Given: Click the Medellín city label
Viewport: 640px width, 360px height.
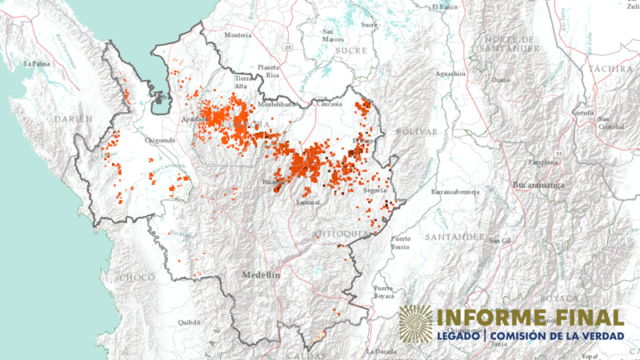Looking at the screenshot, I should point(261,274).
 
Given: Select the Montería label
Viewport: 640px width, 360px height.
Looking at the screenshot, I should point(238,35).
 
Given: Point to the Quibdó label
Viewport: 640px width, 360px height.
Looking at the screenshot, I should point(188,323).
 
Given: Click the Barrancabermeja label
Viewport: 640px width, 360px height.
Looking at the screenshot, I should point(455,193).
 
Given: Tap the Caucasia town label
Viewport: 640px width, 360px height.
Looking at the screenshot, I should point(328,104).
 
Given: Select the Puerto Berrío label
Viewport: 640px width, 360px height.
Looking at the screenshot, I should point(401,243).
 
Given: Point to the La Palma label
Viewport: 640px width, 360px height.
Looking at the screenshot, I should point(37,62).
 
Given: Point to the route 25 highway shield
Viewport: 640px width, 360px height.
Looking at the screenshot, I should point(287,48).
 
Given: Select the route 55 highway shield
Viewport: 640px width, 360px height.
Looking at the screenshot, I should point(560,153).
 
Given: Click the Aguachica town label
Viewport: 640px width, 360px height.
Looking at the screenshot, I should point(450,74).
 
